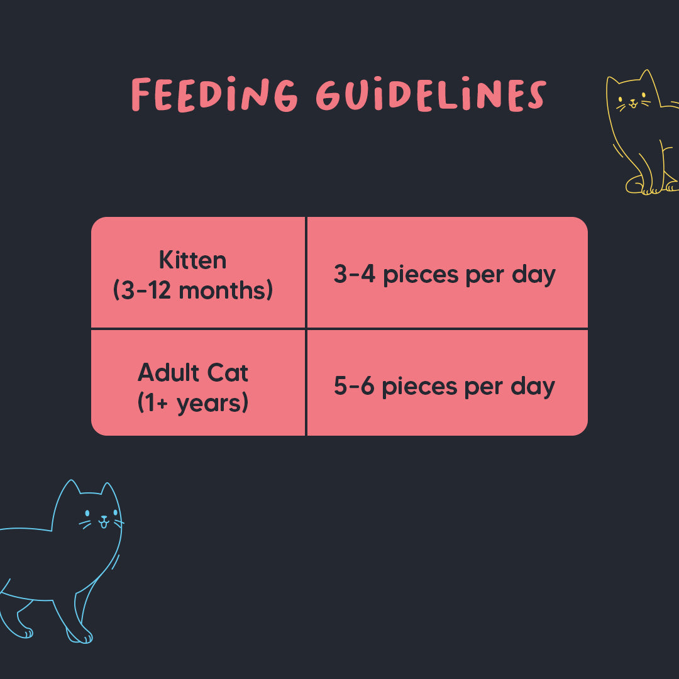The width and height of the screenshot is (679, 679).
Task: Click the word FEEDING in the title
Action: click(x=214, y=94)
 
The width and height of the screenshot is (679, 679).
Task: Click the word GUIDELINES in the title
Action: click(x=431, y=94)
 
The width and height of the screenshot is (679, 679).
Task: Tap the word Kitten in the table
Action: click(x=193, y=260)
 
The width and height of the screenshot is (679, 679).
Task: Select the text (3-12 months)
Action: click(x=193, y=290)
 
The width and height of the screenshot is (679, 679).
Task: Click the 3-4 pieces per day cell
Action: click(x=447, y=272)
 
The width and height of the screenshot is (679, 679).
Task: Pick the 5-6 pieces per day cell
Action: click(x=447, y=383)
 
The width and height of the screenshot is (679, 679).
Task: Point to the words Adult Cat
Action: click(x=193, y=372)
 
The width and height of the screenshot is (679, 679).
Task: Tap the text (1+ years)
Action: click(x=193, y=403)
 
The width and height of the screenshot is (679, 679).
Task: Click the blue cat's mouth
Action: click(x=104, y=522)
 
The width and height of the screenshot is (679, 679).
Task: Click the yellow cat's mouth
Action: click(x=633, y=104)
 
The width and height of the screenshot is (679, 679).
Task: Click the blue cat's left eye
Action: click(x=87, y=513)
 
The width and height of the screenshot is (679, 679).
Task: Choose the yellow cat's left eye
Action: click(x=621, y=99)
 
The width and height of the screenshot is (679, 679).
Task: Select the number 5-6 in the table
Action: click(x=354, y=385)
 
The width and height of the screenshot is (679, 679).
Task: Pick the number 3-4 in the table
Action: click(x=354, y=273)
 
